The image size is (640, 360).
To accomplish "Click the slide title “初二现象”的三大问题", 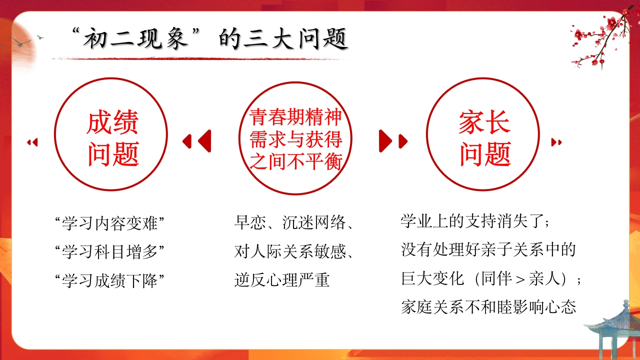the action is (x=210, y=39).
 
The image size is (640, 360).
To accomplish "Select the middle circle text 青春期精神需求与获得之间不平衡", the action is (x=295, y=139).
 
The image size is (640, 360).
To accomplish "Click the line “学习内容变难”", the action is (x=109, y=223).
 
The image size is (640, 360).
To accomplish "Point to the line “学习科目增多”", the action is (x=109, y=252).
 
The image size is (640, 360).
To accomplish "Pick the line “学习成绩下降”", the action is (x=109, y=280).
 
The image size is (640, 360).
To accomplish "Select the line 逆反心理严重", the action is (x=282, y=280).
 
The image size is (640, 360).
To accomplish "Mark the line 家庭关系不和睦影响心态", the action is (x=488, y=307).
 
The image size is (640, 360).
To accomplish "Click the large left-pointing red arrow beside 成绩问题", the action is (x=205, y=141).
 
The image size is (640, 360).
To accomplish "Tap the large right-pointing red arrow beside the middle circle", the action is (x=385, y=141).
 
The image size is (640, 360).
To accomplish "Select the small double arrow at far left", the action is (x=32, y=142).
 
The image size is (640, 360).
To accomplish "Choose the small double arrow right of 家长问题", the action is (x=556, y=142).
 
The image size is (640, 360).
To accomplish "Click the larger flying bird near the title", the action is (x=21, y=43).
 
